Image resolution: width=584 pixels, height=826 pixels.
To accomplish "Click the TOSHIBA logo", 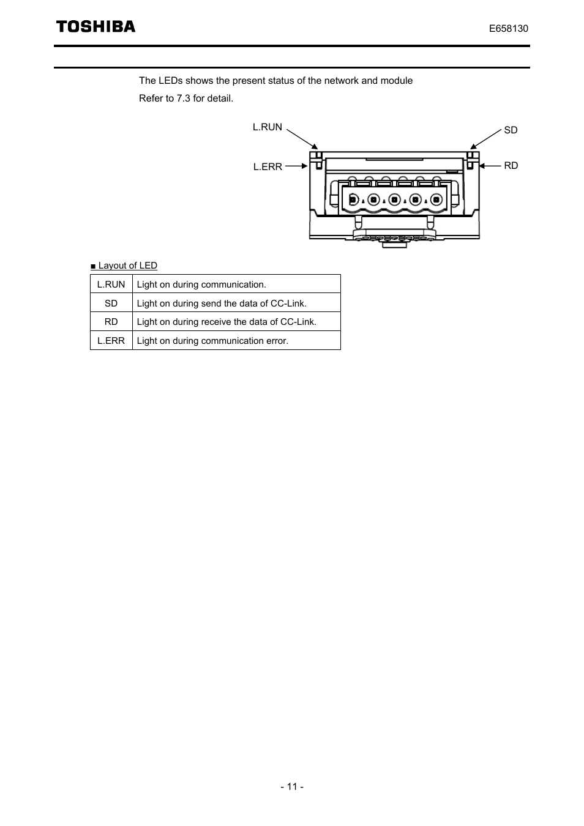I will pos(96,26).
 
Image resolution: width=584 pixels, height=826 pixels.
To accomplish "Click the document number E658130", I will pos(508,29).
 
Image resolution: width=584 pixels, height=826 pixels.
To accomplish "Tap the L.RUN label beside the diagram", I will pos(268,127).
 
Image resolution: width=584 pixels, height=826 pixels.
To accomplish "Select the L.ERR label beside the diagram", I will pos(268,166).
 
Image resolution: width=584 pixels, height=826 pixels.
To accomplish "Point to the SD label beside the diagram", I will pos(511,130).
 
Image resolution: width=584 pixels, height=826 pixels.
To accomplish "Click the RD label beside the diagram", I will pos(511,165).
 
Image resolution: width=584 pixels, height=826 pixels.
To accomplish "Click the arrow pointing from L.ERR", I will pos(296,166).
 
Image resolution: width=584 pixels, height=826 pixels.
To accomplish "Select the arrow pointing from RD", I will pos(490,166).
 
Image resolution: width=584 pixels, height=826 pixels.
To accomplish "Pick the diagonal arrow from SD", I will pos(485,140).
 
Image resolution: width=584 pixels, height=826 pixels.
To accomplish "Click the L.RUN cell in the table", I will pos(111,284).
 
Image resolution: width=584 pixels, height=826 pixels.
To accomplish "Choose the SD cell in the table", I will pos(111,303).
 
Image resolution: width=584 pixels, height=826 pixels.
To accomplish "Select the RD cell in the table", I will pos(111,322).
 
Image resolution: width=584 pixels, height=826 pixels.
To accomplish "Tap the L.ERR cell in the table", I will pos(111,341).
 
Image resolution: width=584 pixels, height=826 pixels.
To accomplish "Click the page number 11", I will pos(292,787).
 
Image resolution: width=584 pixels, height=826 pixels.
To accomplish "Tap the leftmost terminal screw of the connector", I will pos(353,199).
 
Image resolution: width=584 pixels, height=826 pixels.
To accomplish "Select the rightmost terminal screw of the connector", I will pos(436,199).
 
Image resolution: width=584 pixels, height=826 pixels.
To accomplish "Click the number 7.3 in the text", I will pos(184,99).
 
